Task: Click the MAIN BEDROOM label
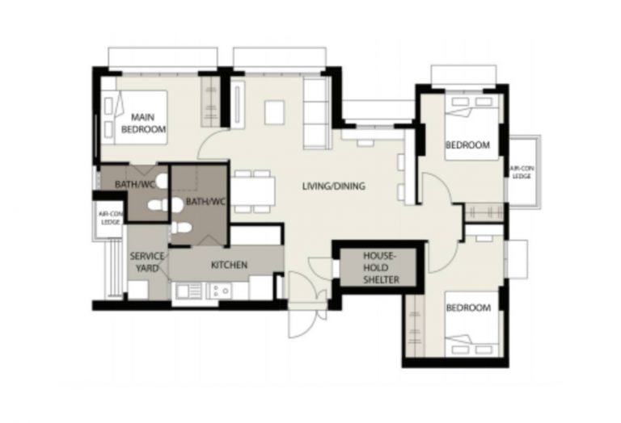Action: (143, 124)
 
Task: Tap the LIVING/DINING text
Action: (333, 186)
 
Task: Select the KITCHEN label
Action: (229, 265)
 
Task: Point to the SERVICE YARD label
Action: (147, 262)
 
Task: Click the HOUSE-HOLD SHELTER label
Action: (381, 268)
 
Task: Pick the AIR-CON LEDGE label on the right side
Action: (522, 173)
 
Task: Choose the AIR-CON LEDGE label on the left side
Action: (112, 218)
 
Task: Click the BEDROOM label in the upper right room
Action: (467, 145)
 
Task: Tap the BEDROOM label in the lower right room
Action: (468, 308)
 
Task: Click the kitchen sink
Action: (188, 291)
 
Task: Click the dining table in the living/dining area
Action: (252, 191)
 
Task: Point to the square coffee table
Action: (274, 112)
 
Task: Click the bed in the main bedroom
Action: (134, 117)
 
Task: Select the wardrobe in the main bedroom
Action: (210, 102)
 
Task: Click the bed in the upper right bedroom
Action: (471, 128)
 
